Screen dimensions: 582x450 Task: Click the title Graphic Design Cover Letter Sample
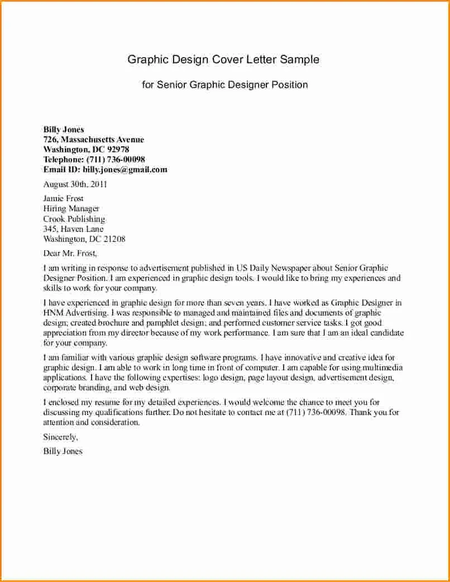pos(223,59)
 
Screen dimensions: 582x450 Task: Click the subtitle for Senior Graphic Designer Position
pos(224,85)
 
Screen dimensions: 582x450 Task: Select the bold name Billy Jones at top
pos(64,130)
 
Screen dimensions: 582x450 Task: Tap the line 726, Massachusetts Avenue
pos(93,140)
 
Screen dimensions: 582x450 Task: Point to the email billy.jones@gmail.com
pos(125,170)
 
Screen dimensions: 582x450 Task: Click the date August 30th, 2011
pos(75,184)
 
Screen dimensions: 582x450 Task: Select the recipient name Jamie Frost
pos(63,198)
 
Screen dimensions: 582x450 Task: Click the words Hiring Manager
pos(71,209)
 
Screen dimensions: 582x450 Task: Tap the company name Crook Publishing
pos(74,219)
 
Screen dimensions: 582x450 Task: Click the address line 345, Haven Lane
pos(73,229)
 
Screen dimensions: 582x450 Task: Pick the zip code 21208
pos(114,239)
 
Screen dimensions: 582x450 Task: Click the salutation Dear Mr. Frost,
pos(70,254)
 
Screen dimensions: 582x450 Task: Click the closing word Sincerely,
pos(60,437)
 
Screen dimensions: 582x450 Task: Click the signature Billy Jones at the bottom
pos(63,451)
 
